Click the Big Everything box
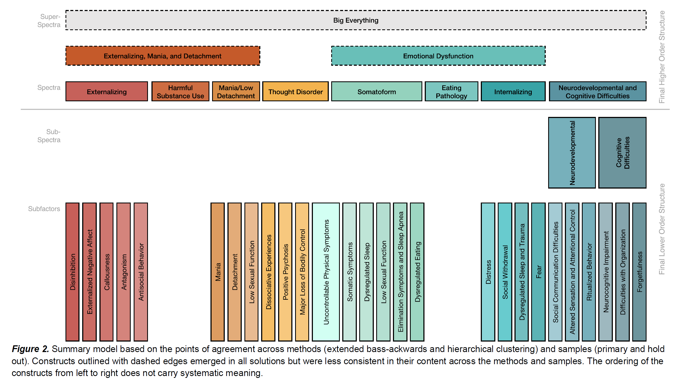pos(356,20)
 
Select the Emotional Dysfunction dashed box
pos(438,56)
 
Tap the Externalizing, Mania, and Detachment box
pos(163,56)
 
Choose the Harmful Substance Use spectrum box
pos(180,92)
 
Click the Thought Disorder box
pos(295,92)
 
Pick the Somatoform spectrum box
pos(376,92)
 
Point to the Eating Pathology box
pos(451,92)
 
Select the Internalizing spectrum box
pos(513,92)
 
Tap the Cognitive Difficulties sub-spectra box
pos(622,152)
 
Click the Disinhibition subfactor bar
pos(72,272)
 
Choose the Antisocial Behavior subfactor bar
pos(141,272)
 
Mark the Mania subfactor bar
pos(217,272)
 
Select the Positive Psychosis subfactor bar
pos(285,272)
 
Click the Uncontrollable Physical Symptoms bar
pos(326,272)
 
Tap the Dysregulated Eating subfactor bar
pos(417,272)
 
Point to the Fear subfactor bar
pos(538,272)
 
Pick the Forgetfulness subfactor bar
pos(639,272)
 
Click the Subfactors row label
pos(44,209)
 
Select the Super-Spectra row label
pos(49,20)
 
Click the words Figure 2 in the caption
pos(30,349)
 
